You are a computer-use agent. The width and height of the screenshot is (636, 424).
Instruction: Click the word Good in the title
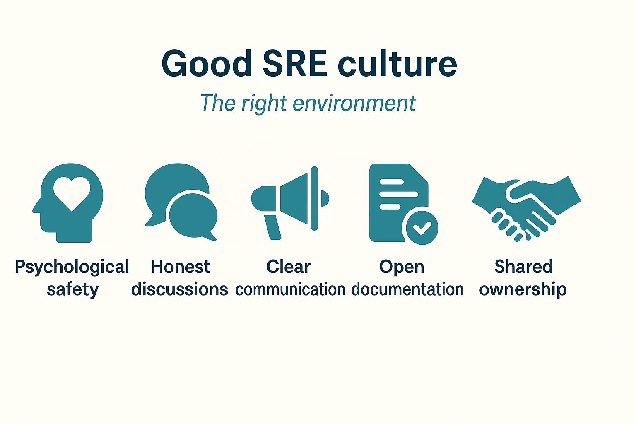point(207,64)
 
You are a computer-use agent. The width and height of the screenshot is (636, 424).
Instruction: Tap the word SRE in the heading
point(295,64)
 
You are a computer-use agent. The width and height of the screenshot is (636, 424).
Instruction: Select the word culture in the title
point(397,64)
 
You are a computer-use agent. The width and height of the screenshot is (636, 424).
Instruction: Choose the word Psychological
point(72,267)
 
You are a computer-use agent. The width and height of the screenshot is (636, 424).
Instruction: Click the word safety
point(72,289)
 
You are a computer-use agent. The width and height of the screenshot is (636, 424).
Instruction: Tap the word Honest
point(181,267)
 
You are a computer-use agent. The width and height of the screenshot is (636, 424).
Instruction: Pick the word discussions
point(180,289)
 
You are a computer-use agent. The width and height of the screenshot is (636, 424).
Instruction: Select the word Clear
point(289,267)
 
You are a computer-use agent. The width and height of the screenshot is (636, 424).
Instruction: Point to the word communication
point(290,289)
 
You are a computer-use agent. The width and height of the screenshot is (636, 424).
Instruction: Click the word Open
point(402,267)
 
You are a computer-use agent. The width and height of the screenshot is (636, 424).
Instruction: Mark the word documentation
point(407,289)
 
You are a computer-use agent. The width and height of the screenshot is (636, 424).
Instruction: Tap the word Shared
point(523,267)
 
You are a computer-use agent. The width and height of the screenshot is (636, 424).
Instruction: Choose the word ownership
point(523,289)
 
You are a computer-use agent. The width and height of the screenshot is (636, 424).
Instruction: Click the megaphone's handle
point(273,227)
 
